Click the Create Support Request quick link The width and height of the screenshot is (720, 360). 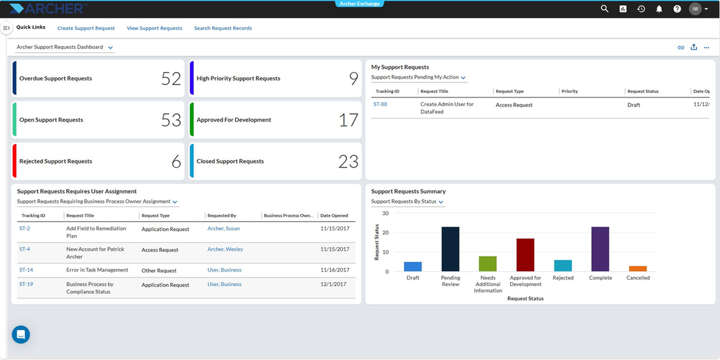coord(86,28)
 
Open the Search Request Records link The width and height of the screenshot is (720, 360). coord(223,28)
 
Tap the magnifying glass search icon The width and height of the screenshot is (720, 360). coord(605,9)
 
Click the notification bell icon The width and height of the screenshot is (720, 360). coord(659,9)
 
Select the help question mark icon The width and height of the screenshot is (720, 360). coord(677,9)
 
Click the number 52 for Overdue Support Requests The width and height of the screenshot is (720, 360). coord(171,79)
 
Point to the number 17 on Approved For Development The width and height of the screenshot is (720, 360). coord(348,120)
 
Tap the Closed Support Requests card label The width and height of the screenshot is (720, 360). coord(230,161)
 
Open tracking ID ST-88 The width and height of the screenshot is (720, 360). coord(380,104)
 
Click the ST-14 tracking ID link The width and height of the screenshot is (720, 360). coord(26,270)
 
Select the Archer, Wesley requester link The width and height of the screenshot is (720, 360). coord(225,249)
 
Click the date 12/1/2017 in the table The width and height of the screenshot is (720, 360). coord(333,284)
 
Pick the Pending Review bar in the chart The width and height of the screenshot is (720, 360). coord(450,249)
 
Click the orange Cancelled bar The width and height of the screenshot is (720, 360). coord(638,268)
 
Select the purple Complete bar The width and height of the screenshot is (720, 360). coord(600,249)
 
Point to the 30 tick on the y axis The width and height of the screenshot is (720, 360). coord(386,213)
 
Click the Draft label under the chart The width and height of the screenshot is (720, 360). coord(413,278)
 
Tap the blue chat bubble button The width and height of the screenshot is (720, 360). coord(21,334)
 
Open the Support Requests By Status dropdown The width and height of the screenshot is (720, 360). coord(407,202)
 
